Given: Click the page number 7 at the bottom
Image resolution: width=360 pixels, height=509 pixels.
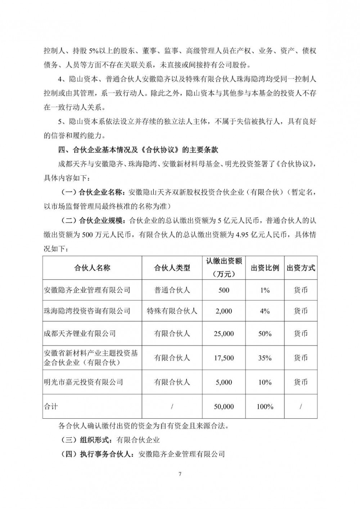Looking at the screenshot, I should (x=180, y=474).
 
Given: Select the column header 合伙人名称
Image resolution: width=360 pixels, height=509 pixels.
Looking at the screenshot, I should (x=92, y=268).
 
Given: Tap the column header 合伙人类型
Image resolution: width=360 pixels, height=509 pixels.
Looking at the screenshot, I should (x=172, y=268).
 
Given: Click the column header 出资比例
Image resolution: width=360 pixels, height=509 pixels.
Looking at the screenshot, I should (x=265, y=268).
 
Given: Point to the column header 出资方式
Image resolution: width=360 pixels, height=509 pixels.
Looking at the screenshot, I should (x=301, y=268).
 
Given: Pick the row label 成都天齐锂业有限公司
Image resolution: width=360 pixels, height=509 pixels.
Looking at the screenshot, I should (x=80, y=334).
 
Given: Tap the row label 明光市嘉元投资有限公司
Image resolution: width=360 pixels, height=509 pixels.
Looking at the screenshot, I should (x=83, y=382).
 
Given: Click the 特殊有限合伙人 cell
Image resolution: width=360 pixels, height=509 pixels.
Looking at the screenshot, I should (x=172, y=311).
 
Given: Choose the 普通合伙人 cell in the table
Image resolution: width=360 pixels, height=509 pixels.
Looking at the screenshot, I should (x=172, y=290).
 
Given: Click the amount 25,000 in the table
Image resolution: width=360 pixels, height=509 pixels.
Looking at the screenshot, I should (x=224, y=334).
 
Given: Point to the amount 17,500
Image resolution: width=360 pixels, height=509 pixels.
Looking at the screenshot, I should (x=224, y=358).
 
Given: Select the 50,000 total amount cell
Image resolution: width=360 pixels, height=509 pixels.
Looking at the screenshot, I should (x=224, y=407).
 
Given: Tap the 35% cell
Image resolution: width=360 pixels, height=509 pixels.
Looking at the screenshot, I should (x=265, y=358).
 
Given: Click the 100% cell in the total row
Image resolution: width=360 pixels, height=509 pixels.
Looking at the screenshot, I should (x=265, y=407).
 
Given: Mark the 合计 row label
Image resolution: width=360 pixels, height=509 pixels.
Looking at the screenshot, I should (x=51, y=407).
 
